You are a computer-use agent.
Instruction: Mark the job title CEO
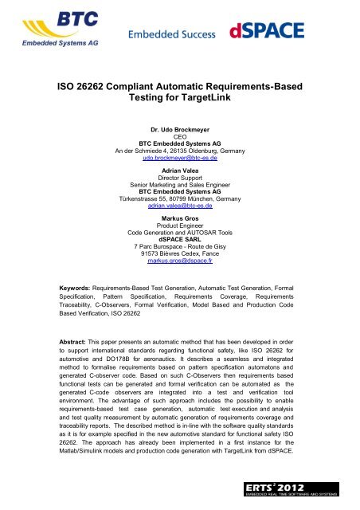click(x=179, y=137)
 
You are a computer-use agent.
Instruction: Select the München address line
click(x=179, y=197)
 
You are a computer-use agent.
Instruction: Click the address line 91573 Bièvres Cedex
click(x=179, y=249)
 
